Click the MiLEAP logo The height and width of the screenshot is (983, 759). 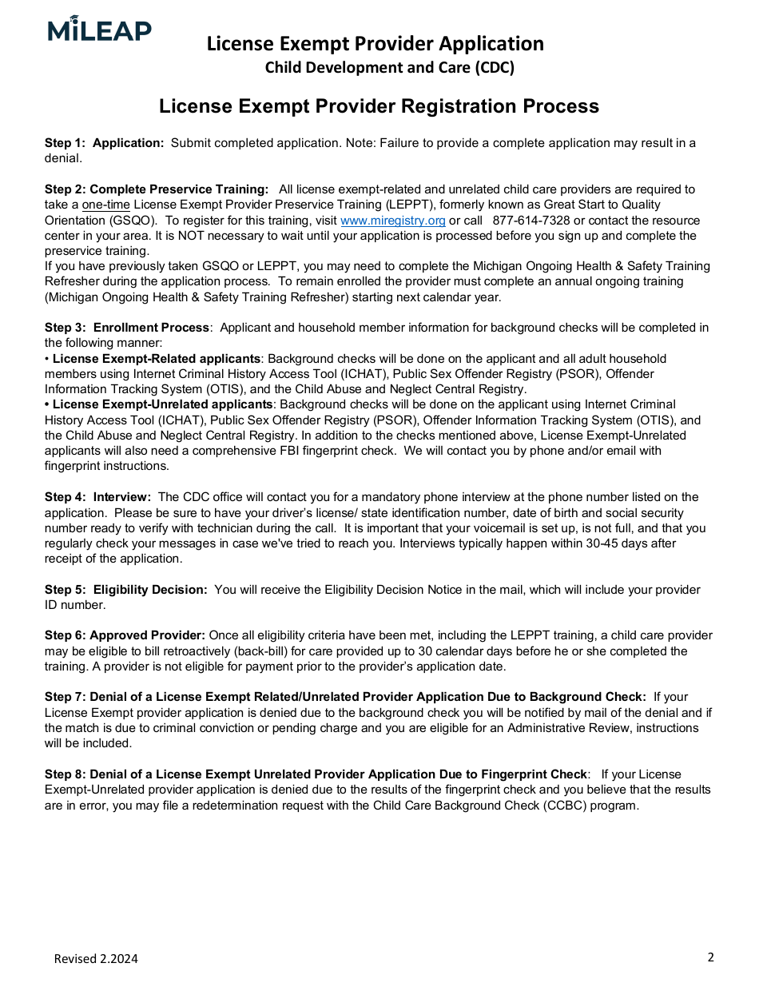[99, 29]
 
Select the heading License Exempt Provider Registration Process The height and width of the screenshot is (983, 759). [379, 106]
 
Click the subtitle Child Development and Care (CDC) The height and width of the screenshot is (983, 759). [389, 68]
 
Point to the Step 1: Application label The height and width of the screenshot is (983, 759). [104, 143]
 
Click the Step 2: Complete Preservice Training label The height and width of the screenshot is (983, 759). [157, 189]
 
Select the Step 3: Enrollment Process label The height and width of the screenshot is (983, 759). [127, 328]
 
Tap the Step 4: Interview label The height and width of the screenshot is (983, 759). [97, 497]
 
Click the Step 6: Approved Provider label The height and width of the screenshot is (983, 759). [125, 635]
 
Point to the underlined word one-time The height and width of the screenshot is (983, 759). [105, 205]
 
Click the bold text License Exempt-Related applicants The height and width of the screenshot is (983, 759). [156, 359]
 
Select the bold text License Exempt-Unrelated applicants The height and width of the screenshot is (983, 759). [162, 404]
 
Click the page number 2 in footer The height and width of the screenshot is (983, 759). [710, 957]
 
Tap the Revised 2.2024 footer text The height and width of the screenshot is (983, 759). [96, 959]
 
